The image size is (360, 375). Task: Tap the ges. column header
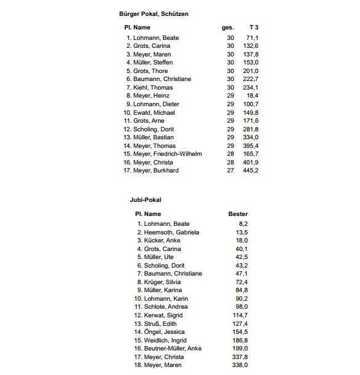coord(227,28)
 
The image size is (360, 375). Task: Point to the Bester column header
coord(238,214)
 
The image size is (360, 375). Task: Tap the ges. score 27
coord(230,170)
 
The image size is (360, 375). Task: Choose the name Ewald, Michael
coord(154,112)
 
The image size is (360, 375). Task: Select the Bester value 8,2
coord(243,223)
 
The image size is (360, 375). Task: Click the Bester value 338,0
coord(240,365)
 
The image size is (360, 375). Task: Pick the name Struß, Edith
coord(160,323)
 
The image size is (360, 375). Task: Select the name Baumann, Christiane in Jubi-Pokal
coord(173,273)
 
